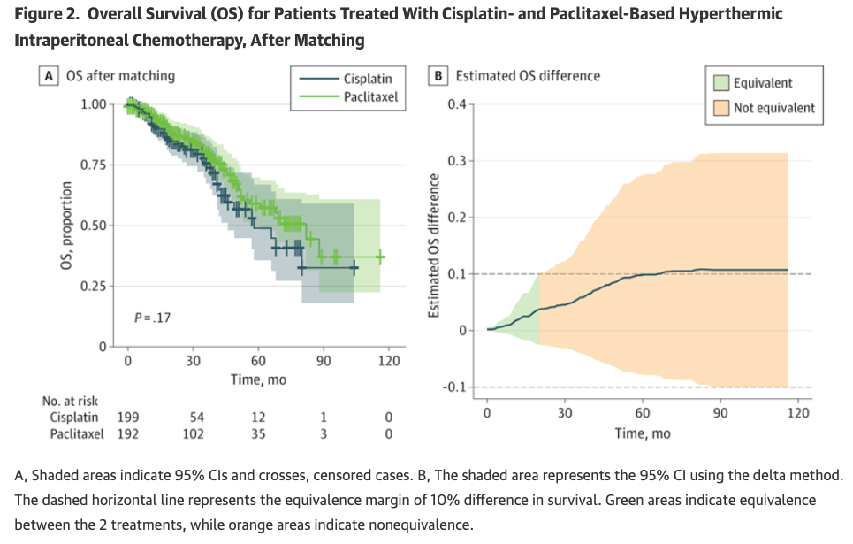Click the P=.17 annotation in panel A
coord(152,317)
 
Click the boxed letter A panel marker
coord(52,76)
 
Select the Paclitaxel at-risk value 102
coord(193,433)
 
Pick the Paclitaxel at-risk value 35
coord(258,433)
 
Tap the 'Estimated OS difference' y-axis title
coord(434,245)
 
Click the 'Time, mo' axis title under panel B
coord(643,433)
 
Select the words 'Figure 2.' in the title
coord(48,15)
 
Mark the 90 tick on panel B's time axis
coord(720,412)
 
